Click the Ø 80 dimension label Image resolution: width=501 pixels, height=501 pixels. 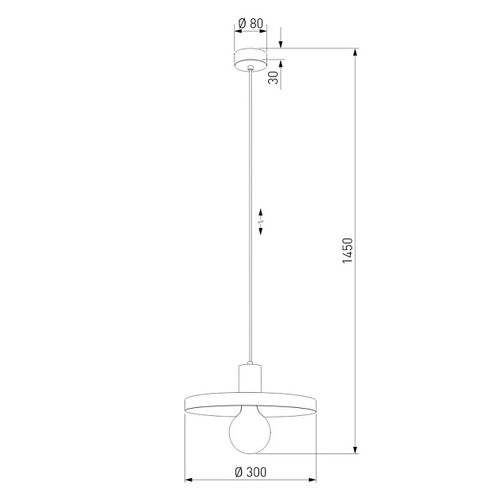click(x=251, y=23)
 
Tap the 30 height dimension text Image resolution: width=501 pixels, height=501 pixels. click(x=273, y=78)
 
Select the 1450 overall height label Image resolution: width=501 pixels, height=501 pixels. click(x=347, y=251)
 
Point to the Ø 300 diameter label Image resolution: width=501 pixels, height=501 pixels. click(x=250, y=472)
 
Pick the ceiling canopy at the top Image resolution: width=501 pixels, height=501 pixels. click(x=250, y=59)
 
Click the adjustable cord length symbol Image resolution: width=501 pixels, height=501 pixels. click(x=262, y=221)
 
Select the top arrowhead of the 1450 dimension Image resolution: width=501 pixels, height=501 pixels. click(x=355, y=53)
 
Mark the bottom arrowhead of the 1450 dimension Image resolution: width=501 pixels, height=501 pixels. click(x=355, y=450)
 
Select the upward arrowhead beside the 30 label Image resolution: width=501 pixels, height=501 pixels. click(x=280, y=64)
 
